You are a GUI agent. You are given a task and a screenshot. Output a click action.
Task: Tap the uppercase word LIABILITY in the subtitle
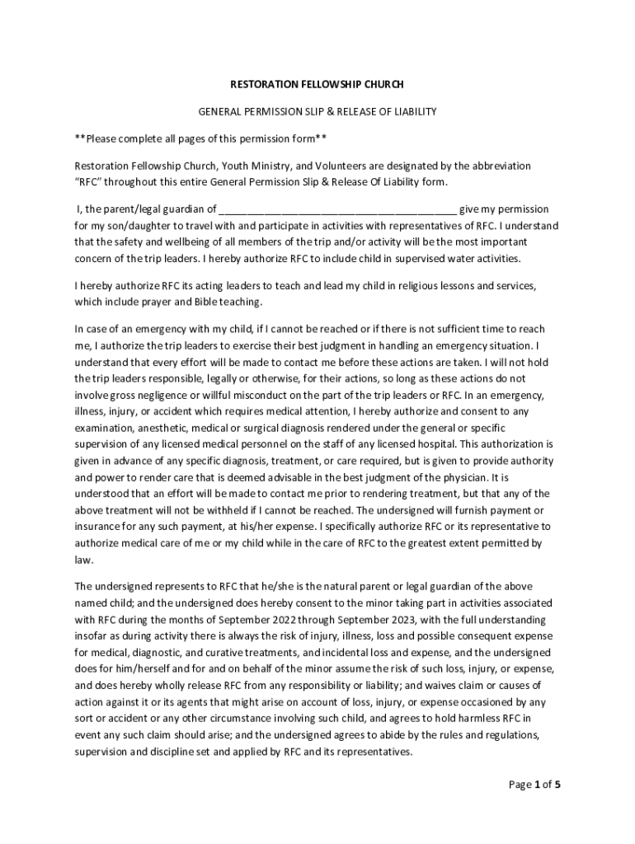coord(414,110)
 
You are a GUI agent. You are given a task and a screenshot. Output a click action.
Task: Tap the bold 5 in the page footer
coord(557,784)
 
